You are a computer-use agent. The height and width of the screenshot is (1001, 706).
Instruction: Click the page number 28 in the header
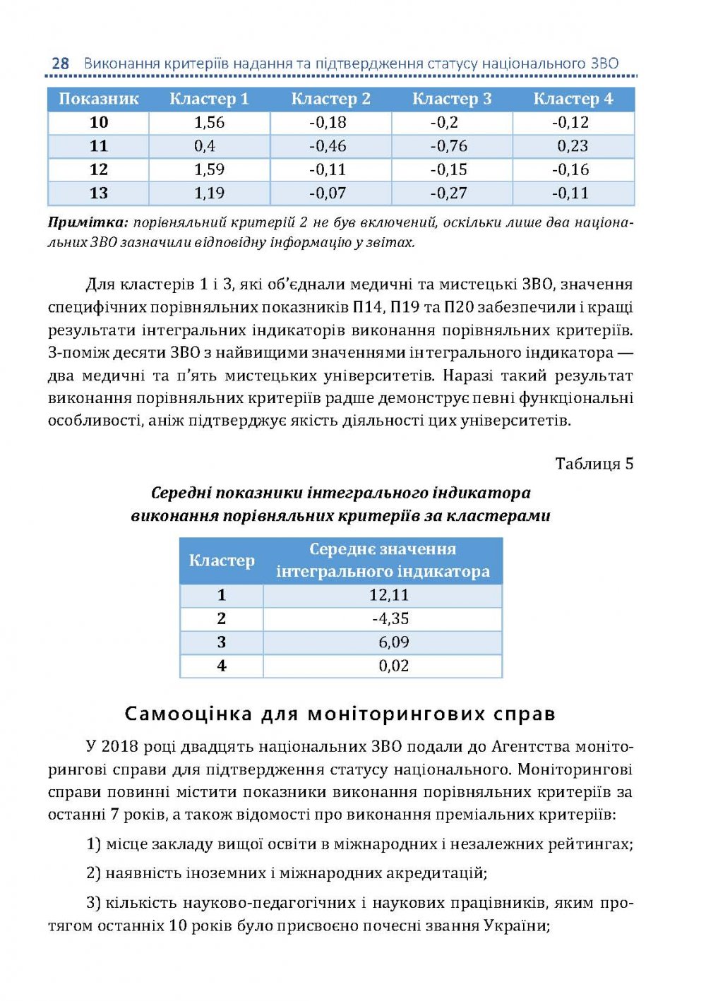(x=60, y=64)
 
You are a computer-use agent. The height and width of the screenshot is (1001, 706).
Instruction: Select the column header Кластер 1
(x=209, y=99)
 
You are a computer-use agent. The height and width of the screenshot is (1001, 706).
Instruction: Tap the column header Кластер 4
(x=573, y=99)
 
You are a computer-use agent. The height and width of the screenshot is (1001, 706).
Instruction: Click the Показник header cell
(x=98, y=99)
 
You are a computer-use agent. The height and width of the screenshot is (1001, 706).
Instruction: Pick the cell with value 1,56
(x=209, y=122)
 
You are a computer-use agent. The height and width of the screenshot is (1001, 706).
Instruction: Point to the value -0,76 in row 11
(x=449, y=146)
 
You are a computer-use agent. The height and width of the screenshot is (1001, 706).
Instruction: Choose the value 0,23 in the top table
(x=573, y=146)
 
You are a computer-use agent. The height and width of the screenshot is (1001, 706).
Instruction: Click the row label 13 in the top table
(x=98, y=193)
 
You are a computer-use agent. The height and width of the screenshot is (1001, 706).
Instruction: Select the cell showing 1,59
(x=209, y=169)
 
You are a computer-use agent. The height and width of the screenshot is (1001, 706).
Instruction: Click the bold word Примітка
(x=88, y=222)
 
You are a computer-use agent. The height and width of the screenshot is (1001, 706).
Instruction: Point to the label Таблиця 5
(x=594, y=464)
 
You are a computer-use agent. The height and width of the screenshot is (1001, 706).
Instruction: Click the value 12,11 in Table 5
(x=389, y=595)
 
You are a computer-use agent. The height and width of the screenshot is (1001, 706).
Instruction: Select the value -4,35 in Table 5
(x=390, y=619)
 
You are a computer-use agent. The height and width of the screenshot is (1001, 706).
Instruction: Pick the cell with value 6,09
(x=393, y=642)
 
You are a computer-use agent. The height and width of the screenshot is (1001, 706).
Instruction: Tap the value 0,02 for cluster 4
(x=393, y=666)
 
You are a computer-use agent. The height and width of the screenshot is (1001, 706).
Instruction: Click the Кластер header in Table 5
(x=221, y=561)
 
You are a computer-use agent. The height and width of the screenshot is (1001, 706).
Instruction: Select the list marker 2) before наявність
(x=94, y=873)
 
